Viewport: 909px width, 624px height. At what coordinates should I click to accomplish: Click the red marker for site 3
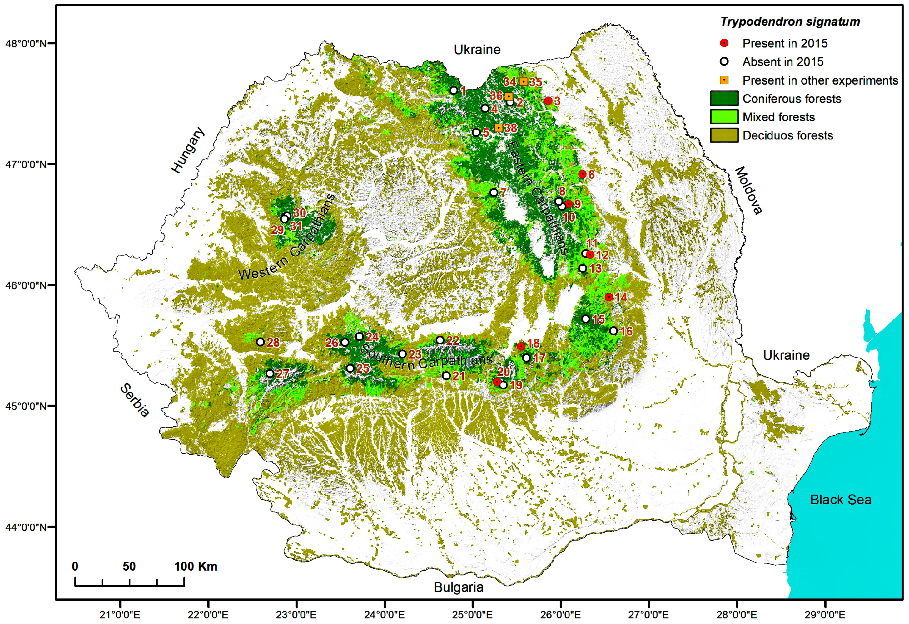coord(549,101)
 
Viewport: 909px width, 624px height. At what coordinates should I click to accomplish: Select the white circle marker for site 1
coord(454,90)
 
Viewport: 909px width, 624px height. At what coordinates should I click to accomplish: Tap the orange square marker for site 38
coord(498,128)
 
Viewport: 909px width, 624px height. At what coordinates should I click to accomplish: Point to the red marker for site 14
coord(609,297)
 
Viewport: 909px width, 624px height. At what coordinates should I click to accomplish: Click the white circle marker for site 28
coord(260,342)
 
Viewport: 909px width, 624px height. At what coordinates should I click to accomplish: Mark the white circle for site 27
coord(270,373)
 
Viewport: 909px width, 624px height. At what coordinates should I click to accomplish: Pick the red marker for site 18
coord(521,346)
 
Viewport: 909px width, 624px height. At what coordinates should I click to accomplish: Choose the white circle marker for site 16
coord(613,331)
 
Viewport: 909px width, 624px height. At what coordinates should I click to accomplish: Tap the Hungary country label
coord(188,150)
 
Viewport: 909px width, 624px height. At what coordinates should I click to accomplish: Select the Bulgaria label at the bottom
coord(459,587)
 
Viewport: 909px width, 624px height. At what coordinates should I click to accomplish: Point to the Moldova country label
coord(748,190)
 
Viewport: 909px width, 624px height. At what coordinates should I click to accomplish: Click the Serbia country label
coord(135,400)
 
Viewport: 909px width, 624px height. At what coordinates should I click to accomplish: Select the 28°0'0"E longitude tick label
coord(737,615)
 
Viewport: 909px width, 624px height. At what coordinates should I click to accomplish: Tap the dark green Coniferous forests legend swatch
coord(724,99)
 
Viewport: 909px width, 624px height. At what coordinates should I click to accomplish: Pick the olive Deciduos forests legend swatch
coord(724,135)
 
